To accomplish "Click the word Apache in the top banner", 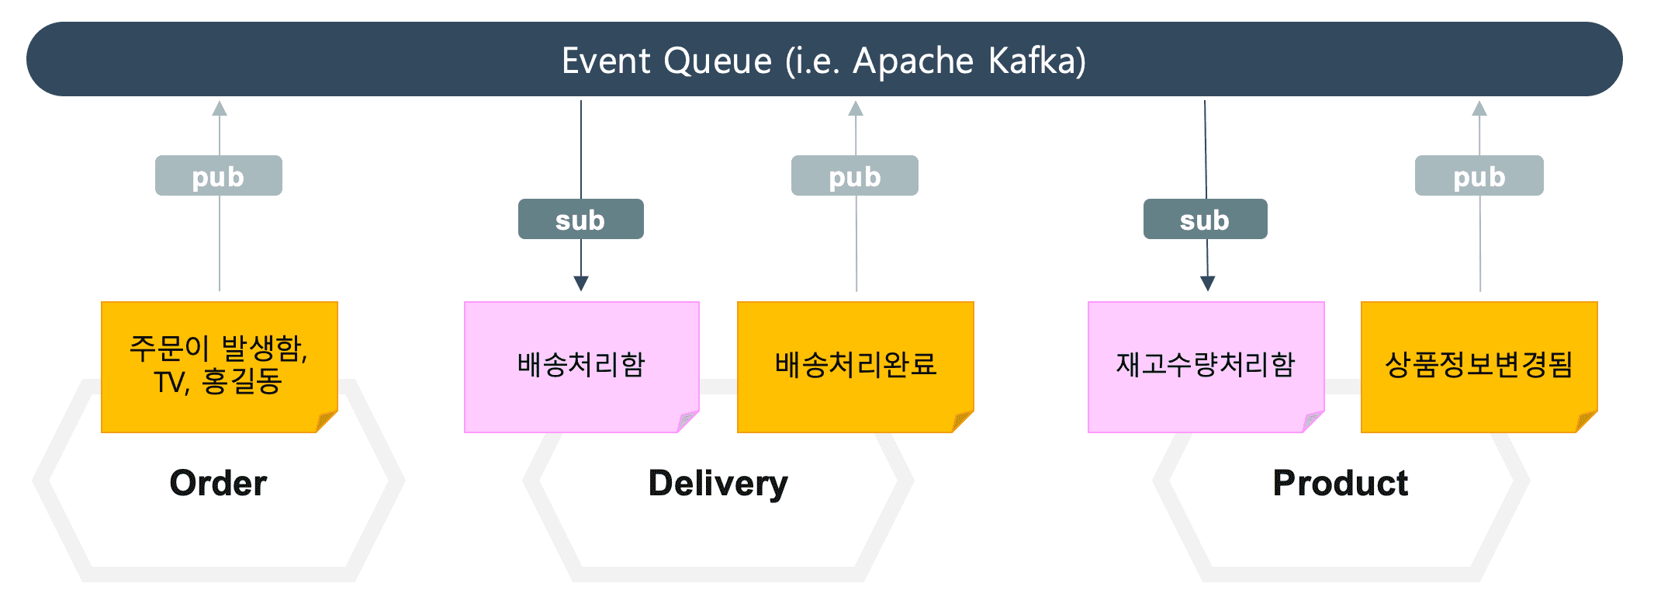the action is (913, 61).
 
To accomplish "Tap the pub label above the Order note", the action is (219, 175).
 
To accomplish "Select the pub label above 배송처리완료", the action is (855, 175).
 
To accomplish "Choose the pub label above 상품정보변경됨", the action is (1479, 175).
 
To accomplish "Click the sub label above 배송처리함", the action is (581, 219).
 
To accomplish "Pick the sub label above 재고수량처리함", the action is (1206, 219).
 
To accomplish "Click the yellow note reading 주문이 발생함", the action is (220, 366).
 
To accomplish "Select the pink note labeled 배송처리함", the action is (582, 366).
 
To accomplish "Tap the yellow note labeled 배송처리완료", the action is (856, 366).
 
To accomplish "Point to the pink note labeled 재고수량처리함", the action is (1206, 366).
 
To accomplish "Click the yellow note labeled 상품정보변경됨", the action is (1479, 366).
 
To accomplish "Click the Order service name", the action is (218, 483).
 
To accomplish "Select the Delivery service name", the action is (718, 484).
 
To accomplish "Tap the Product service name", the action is (1341, 483).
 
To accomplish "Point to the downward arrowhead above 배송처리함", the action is (581, 283).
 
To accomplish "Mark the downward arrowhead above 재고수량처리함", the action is (1208, 283).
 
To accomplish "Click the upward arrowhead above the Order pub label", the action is (220, 108).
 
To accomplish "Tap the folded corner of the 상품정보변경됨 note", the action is (1586, 422).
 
